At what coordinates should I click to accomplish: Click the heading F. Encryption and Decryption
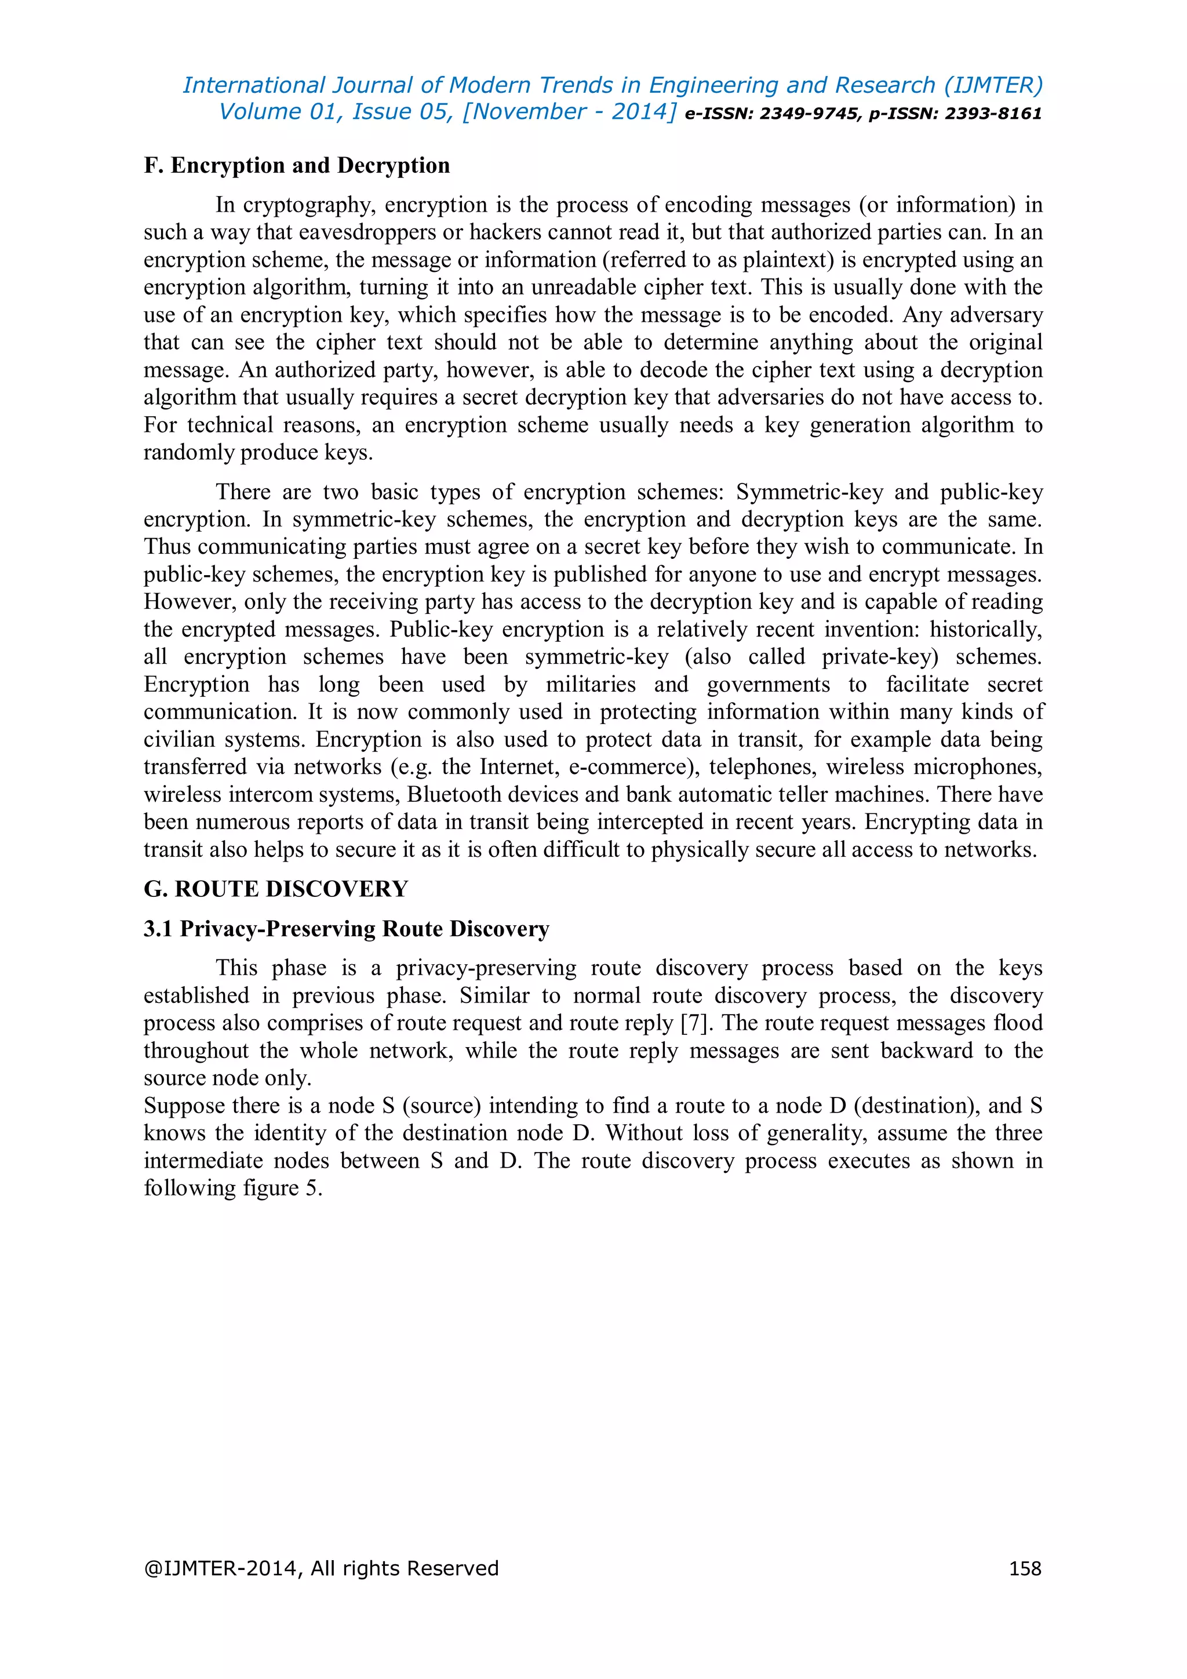tap(297, 165)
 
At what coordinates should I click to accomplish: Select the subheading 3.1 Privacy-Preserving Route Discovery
tap(345, 928)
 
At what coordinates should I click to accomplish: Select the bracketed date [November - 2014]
tap(569, 111)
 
